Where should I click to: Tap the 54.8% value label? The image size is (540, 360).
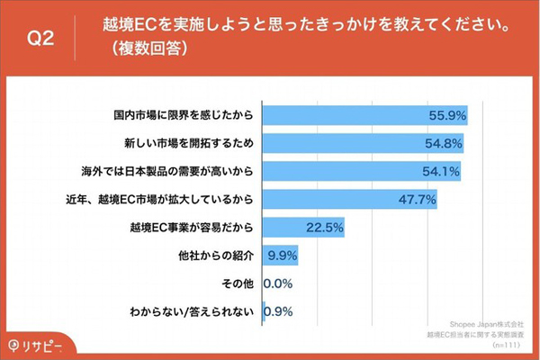point(445,142)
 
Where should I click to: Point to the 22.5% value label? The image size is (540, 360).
point(326,227)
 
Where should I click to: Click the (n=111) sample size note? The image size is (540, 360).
point(508,345)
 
